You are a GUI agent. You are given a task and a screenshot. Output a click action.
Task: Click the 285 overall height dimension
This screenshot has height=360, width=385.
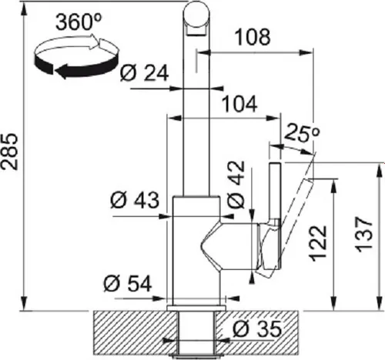(x=10, y=152)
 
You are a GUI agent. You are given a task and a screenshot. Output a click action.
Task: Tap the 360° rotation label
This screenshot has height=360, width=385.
(x=79, y=22)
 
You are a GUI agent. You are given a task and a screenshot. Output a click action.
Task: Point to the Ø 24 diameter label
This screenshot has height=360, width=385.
(x=144, y=73)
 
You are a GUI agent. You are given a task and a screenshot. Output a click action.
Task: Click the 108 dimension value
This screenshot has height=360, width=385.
(x=253, y=37)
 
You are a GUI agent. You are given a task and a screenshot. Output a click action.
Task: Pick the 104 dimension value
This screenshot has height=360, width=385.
(x=239, y=104)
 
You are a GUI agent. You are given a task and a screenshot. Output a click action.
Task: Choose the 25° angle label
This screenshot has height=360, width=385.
(x=302, y=133)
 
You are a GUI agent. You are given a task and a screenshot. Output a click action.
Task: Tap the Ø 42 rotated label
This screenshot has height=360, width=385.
(x=236, y=185)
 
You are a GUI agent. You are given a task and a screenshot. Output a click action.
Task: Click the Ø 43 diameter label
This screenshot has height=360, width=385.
(x=135, y=200)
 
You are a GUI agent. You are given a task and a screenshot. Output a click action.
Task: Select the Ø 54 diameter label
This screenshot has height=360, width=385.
(x=128, y=284)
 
